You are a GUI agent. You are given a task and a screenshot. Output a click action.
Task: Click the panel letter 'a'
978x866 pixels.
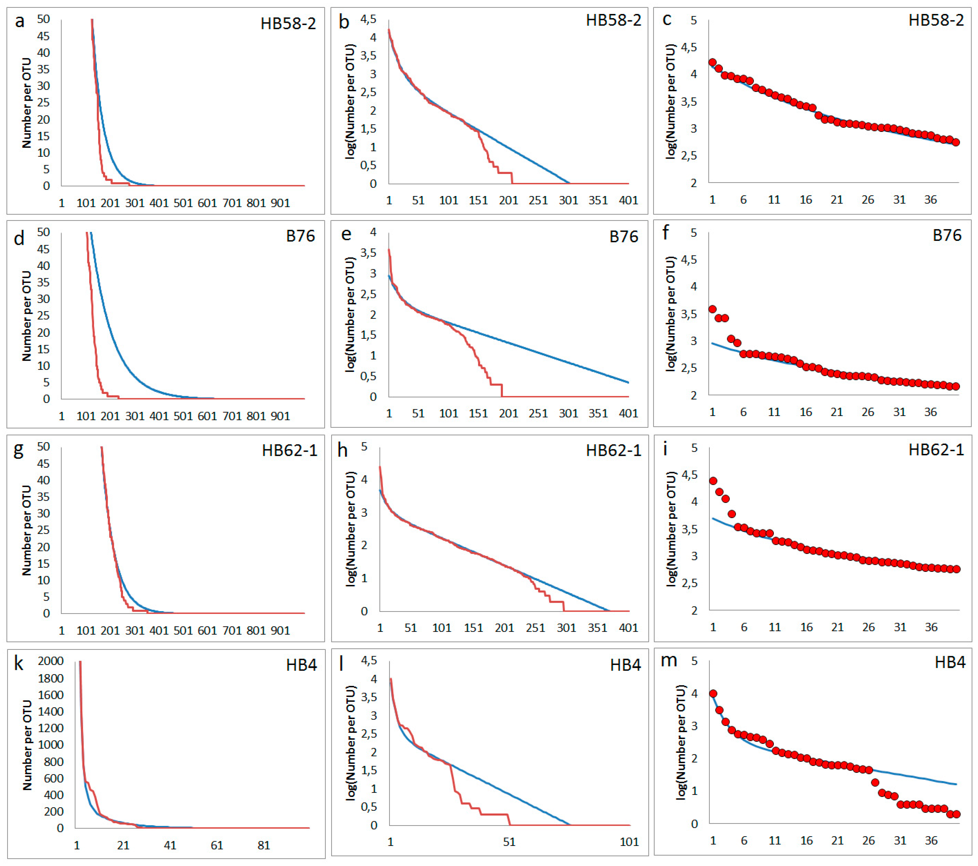tap(19, 21)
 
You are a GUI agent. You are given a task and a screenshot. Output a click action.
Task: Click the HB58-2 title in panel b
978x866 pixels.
tap(613, 21)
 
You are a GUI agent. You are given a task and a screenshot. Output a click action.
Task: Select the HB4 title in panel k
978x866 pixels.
tap(302, 665)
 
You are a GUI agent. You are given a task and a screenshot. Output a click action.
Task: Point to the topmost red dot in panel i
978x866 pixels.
tap(713, 481)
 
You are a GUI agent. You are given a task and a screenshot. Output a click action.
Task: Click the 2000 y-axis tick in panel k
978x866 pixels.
tap(51, 661)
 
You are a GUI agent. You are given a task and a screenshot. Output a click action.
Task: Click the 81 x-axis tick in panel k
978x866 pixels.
tap(264, 845)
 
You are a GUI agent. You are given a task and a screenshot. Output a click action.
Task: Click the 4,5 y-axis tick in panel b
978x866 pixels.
tap(368, 19)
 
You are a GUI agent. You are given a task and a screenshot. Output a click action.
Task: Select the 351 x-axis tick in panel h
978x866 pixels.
tap(598, 628)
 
